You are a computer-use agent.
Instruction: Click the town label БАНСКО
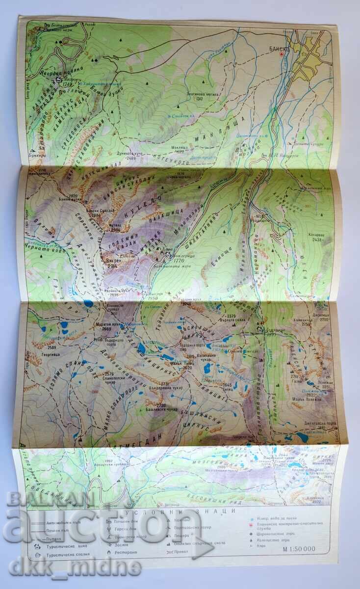281,49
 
